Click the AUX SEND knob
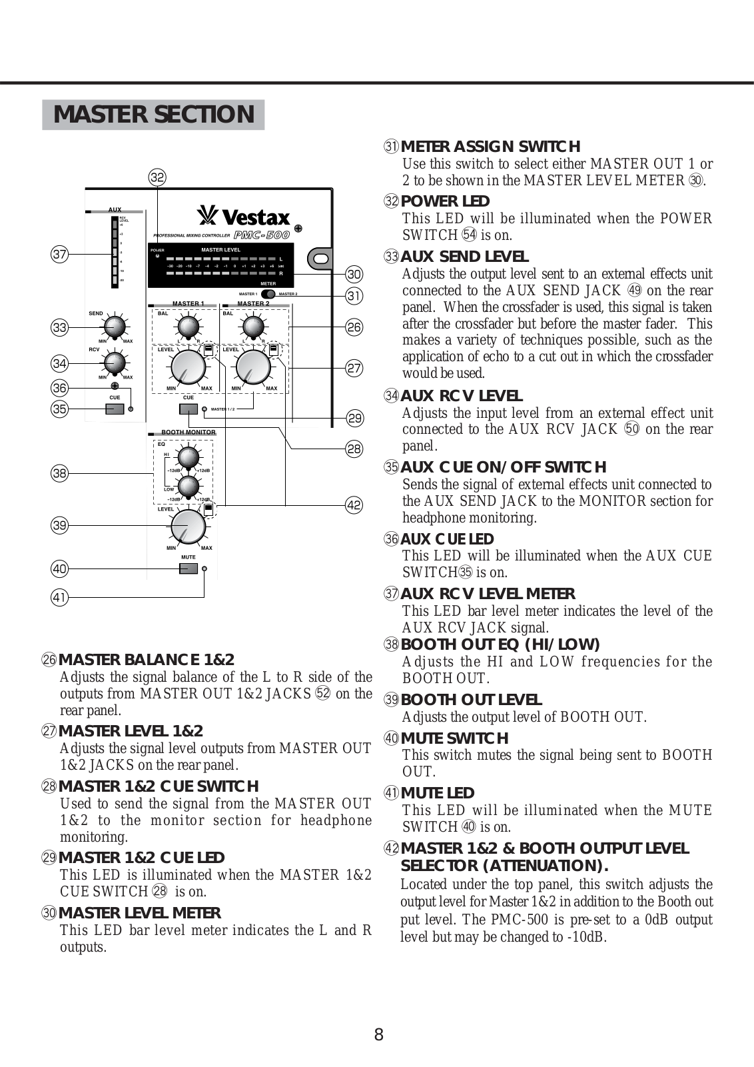click(115, 327)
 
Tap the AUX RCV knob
click(115, 363)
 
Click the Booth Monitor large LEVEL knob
click(188, 527)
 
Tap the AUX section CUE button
click(115, 409)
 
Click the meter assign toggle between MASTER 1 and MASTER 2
click(268, 294)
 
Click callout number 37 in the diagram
click(60, 254)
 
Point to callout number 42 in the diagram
click(354, 505)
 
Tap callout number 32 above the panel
click(157, 177)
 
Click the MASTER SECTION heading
click(154, 115)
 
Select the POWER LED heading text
click(445, 201)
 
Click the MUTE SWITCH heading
click(454, 738)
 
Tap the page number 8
click(378, 1034)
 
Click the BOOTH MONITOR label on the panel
click(188, 433)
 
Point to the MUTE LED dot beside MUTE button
click(205, 568)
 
